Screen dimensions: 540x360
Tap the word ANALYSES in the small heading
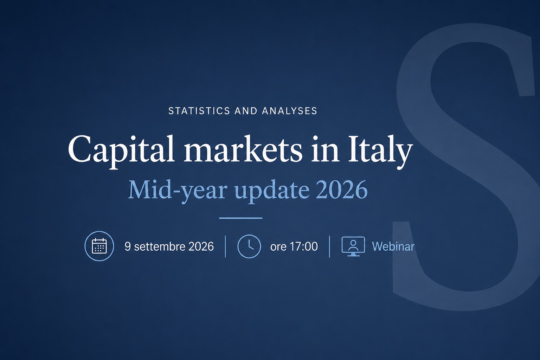pos(289,111)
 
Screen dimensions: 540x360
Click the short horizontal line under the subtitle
pos(240,218)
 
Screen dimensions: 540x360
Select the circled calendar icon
pos(99,246)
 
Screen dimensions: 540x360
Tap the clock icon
pos(249,246)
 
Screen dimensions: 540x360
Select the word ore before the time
pos(278,247)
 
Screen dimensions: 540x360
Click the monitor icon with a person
pos(353,246)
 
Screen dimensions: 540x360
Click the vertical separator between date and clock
pos(225,246)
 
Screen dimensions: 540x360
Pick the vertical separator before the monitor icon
pos(329,246)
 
